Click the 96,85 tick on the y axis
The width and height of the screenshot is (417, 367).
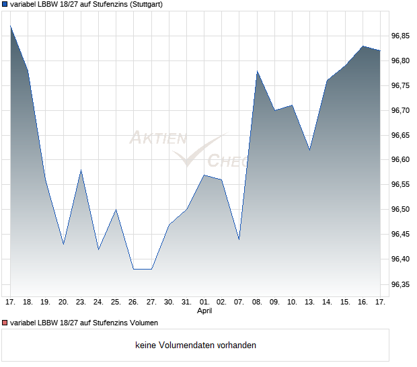(x=400, y=36)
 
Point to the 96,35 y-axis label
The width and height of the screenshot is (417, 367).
(x=400, y=284)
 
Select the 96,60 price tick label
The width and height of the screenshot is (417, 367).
(x=400, y=160)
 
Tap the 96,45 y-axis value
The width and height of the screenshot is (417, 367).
(x=400, y=235)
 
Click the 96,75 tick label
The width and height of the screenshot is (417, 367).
(x=400, y=85)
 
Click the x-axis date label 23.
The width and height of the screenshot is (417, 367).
(x=81, y=302)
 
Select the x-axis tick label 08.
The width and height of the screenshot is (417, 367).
(x=257, y=302)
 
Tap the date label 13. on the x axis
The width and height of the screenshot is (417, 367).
(x=309, y=302)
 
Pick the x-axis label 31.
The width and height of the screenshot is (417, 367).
(x=186, y=302)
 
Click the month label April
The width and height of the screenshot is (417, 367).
(x=204, y=311)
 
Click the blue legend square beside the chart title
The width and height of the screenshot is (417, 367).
(x=5, y=4)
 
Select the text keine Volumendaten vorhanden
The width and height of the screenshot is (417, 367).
(x=196, y=345)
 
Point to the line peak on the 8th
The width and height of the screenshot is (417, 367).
(x=257, y=71)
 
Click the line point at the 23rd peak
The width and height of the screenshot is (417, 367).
(x=81, y=170)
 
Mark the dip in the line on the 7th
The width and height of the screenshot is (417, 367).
(x=239, y=239)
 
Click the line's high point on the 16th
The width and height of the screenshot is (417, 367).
(x=363, y=46)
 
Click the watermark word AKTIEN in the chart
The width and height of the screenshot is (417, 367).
(x=158, y=138)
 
